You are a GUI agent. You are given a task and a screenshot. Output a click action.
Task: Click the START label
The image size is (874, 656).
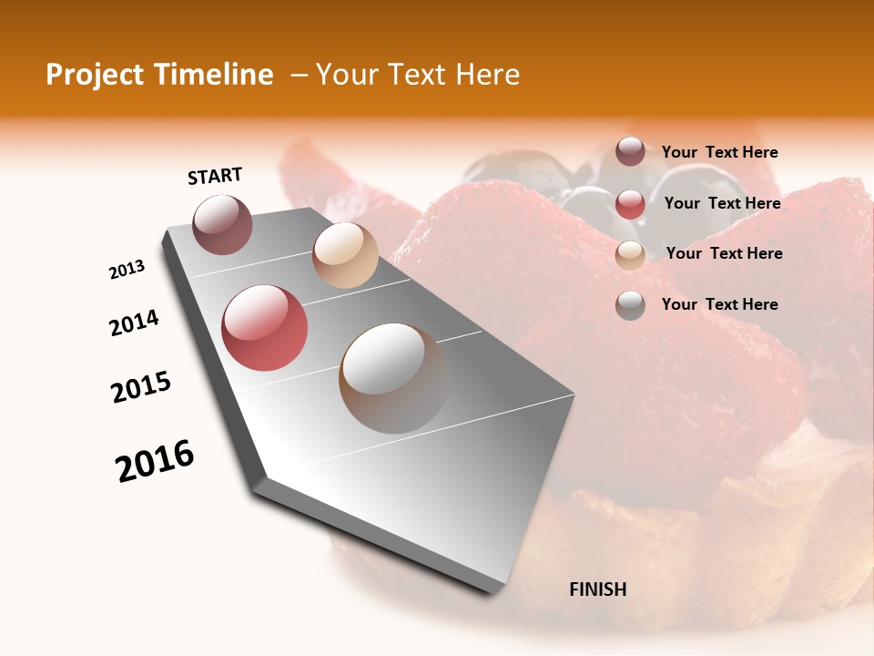tap(215, 176)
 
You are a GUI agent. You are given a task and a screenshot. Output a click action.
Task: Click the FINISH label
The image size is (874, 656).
tap(598, 589)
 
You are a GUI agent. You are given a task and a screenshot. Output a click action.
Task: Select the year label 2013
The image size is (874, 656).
tap(127, 270)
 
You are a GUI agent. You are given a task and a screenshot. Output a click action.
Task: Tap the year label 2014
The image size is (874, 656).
tap(134, 323)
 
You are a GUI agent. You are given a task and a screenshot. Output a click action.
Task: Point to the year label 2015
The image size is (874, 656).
tap(141, 387)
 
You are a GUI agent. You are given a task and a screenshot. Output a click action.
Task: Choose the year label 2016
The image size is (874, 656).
tap(155, 461)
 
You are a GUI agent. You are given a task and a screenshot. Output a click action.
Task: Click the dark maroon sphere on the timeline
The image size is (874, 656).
tap(222, 224)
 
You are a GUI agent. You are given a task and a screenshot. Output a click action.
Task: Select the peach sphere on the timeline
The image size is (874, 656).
tap(345, 255)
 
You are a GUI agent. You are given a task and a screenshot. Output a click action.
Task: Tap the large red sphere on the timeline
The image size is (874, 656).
tap(264, 328)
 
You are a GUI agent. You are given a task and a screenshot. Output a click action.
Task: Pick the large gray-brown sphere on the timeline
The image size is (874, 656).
tap(393, 378)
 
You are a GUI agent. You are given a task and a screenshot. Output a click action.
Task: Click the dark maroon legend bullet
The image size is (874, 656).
tap(630, 151)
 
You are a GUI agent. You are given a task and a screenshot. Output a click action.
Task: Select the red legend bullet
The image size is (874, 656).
tap(630, 203)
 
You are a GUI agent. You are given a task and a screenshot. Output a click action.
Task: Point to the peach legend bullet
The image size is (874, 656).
tap(630, 254)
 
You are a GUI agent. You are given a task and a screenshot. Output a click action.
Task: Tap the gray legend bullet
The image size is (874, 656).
tap(630, 305)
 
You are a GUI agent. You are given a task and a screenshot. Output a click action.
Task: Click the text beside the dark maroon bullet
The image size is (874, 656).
tap(719, 152)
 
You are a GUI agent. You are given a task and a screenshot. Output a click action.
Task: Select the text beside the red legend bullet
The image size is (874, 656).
tap(722, 203)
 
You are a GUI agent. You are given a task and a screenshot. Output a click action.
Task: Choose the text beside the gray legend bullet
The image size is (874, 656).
tap(719, 304)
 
